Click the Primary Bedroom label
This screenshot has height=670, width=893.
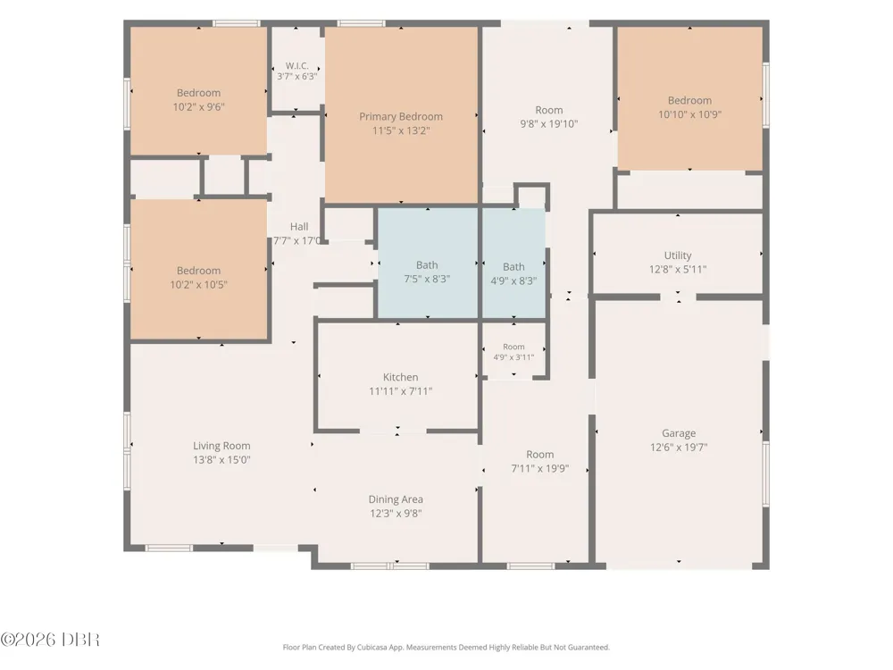(401, 116)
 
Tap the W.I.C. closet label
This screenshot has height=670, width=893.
(297, 65)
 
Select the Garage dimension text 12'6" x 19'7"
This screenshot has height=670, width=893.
(679, 448)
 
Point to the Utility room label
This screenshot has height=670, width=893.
(678, 255)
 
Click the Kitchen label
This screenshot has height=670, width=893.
(400, 377)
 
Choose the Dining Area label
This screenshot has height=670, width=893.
(396, 499)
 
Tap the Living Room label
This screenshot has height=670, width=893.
(221, 446)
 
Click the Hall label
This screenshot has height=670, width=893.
(299, 227)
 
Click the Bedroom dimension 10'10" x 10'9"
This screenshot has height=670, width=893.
(689, 114)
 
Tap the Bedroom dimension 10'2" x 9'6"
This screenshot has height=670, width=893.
(199, 106)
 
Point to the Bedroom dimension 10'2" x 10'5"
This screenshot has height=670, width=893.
(199, 284)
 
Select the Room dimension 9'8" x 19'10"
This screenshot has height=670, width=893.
(549, 123)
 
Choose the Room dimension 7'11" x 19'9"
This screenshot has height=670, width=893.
(540, 468)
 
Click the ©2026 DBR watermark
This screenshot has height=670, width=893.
(50, 640)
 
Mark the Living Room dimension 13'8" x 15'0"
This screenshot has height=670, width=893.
(221, 460)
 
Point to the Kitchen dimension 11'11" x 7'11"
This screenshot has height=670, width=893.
(400, 391)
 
